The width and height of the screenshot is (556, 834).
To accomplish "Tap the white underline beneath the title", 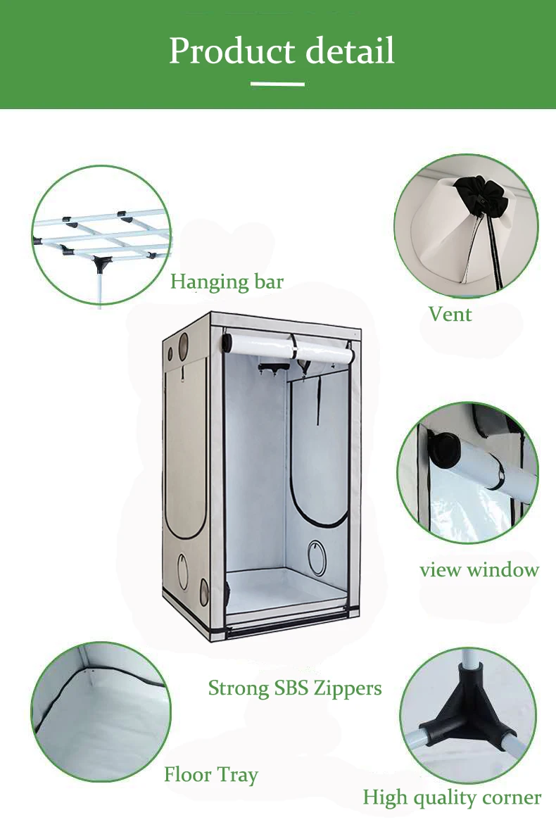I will (278, 84).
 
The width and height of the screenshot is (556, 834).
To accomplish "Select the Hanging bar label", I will (227, 282).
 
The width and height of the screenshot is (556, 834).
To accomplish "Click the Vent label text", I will (450, 314).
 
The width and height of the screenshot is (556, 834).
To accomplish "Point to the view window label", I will (479, 569).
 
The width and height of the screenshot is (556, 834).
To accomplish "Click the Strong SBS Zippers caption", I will (295, 688).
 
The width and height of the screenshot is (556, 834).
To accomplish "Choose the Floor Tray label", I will (211, 775).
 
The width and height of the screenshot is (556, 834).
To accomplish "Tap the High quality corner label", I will (452, 797).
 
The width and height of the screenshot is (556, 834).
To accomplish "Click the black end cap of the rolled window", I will (443, 449).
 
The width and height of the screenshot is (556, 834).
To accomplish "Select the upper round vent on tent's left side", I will (183, 345).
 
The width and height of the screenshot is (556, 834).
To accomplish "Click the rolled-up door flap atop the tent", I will (289, 348).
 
